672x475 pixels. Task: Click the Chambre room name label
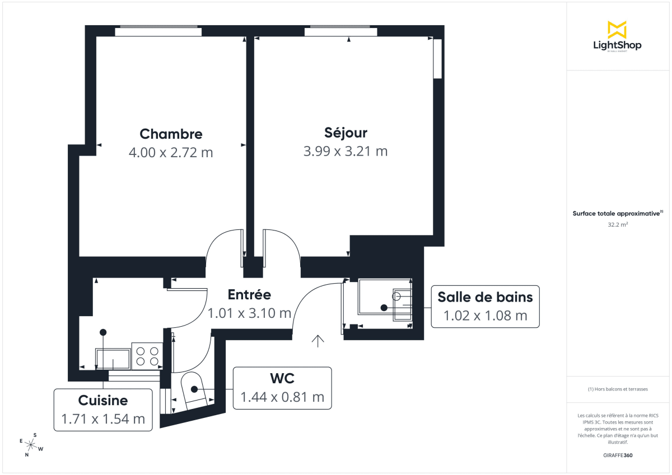pos(171,134)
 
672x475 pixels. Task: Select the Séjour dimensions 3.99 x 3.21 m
pos(346,151)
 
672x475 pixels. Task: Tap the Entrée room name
pos(249,295)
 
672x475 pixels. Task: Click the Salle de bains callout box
pos(485,306)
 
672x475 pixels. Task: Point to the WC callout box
pos(282,388)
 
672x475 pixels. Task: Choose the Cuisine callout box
pos(103,410)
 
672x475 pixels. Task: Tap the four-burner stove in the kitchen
pos(147,356)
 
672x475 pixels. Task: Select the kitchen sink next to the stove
pos(113,359)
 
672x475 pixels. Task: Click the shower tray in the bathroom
pos(384,303)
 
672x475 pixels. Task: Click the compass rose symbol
pos(31,445)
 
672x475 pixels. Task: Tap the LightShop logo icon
pos(617,30)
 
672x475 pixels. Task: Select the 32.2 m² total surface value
pos(617,224)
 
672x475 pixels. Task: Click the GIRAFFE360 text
pos(617,455)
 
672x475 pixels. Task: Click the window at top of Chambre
pos(158,31)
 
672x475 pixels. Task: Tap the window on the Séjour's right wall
pos(438,59)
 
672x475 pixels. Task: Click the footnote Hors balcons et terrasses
pos(617,389)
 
